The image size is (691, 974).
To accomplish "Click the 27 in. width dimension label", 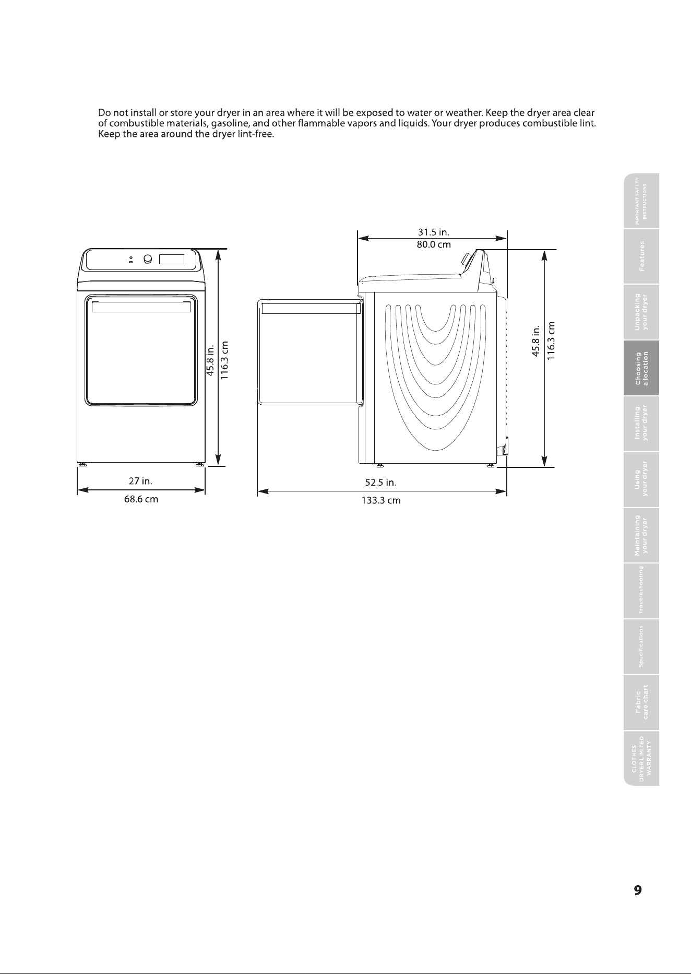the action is tap(140, 480).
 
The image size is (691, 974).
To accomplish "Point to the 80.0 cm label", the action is tap(434, 244).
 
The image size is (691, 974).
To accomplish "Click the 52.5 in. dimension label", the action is tap(381, 482).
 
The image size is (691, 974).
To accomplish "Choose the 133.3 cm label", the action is tap(381, 501).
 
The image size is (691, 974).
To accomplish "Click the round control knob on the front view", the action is tap(148, 260).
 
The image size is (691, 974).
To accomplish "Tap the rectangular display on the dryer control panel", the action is tap(172, 260).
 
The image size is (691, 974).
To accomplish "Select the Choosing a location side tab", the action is tap(641, 368).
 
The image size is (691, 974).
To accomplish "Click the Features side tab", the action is tap(641, 256).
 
